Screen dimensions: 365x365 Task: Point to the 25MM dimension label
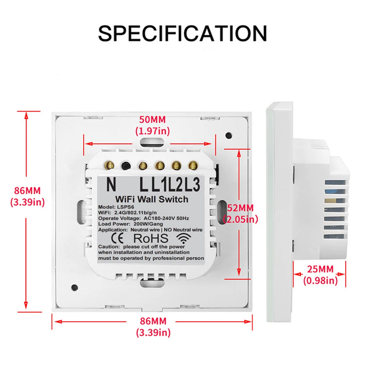point(320,269)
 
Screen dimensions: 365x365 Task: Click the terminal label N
point(111,184)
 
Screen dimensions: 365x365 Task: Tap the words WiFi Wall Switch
point(151,199)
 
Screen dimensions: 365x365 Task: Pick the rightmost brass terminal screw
point(192,166)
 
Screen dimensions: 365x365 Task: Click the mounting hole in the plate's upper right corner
point(228,135)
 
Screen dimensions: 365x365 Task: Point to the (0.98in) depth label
point(320,280)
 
